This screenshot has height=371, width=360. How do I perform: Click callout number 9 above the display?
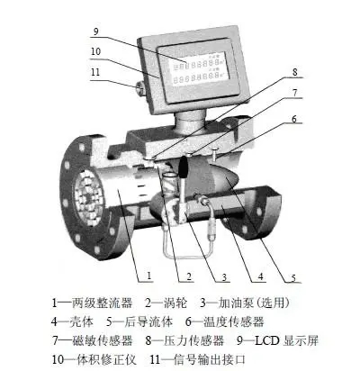coord(95,32)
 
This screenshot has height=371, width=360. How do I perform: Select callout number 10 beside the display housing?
coord(95,51)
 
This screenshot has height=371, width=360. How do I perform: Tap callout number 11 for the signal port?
coord(95,72)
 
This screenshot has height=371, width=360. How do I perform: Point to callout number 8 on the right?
coord(295,72)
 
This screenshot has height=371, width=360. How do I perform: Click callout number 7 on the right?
coord(295,93)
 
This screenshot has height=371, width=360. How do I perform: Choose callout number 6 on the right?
coord(294,119)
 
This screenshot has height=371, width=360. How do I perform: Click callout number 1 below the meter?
coord(148,276)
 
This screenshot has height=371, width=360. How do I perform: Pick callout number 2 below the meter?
coord(189,276)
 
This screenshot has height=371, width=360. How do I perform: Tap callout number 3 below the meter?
coord(224,276)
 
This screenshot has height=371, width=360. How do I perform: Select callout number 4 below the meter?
coord(260,276)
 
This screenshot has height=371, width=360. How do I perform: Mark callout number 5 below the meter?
coord(293,276)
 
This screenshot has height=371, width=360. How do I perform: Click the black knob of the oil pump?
coord(183,167)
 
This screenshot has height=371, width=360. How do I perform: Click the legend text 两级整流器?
coord(102,303)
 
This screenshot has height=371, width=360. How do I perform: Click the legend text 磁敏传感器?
coord(103,340)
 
